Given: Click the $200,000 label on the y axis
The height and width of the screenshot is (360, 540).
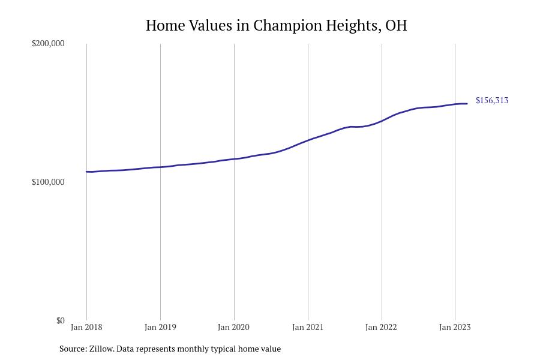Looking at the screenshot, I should (x=48, y=43).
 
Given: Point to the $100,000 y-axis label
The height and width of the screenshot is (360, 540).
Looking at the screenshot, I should (x=48, y=182).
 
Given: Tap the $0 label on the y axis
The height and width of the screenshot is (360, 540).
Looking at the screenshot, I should (x=60, y=320).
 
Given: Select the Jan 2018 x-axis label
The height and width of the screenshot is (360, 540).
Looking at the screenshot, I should (x=86, y=327).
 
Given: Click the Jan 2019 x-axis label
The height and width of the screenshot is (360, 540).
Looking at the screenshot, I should (x=160, y=327).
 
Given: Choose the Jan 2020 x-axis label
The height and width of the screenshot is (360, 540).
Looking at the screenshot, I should (x=234, y=327).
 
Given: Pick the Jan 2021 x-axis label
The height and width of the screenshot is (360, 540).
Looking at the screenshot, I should (x=308, y=327).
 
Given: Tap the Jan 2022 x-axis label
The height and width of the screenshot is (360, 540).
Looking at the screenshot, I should (x=381, y=327).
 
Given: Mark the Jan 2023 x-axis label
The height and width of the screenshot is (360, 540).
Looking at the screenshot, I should (x=455, y=327).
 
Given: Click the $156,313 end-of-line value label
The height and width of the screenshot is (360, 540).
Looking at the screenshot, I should (x=492, y=100).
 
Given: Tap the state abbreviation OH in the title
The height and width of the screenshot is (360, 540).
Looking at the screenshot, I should (x=395, y=26).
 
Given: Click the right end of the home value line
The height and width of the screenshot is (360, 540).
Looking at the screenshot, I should (x=467, y=104).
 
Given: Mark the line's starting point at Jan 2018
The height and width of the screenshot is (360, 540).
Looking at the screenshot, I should (x=86, y=172).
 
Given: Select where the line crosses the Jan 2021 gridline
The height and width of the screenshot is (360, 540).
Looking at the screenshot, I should (x=308, y=140).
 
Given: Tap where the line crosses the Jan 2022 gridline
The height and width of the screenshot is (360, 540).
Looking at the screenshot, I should (x=382, y=121).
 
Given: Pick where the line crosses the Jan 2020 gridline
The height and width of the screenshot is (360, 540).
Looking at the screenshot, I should (x=234, y=159).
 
